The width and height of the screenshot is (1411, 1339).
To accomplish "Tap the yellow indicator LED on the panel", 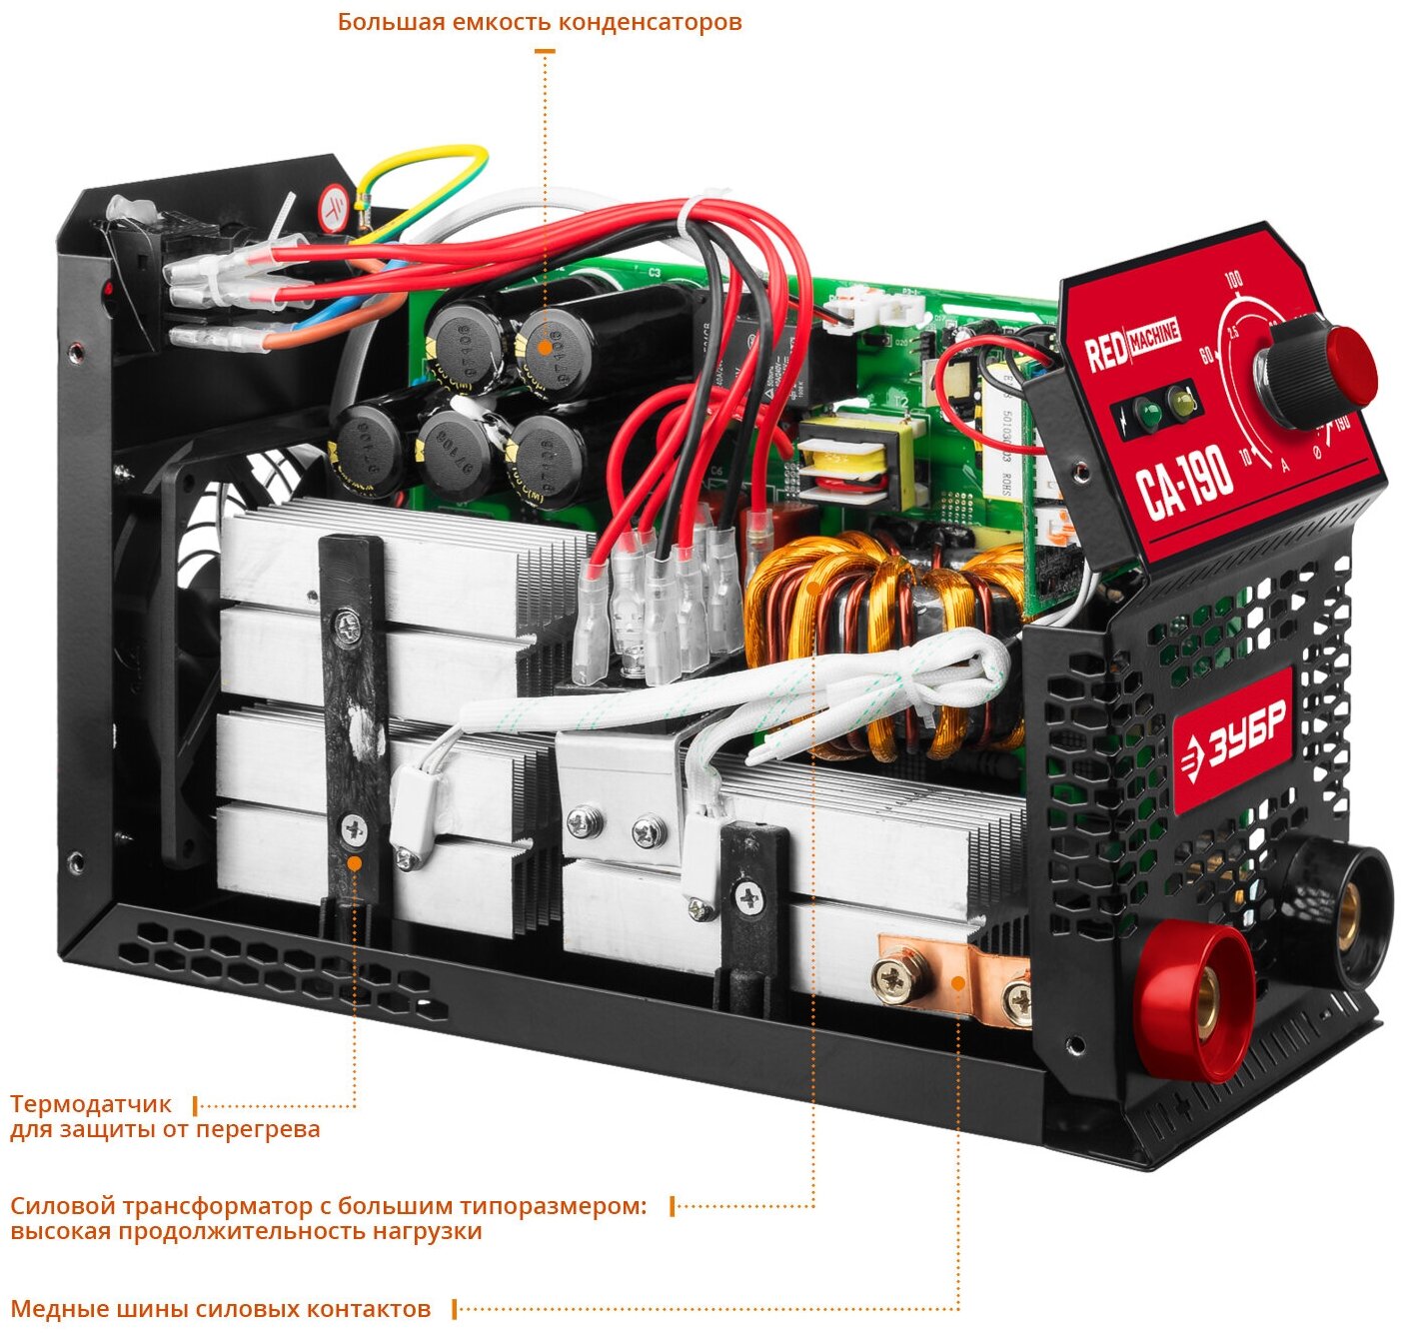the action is pyautogui.click(x=1184, y=402).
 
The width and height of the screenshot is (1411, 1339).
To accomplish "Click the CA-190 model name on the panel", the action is pyautogui.click(x=1186, y=482).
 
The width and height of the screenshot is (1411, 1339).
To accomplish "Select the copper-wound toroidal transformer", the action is pyautogui.click(x=879, y=640).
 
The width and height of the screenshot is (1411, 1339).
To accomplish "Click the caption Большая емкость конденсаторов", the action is pyautogui.click(x=540, y=22).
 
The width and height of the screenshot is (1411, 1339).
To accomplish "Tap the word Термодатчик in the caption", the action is pyautogui.click(x=91, y=1105).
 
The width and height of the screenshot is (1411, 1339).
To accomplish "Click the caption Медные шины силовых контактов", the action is pyautogui.click(x=221, y=1309).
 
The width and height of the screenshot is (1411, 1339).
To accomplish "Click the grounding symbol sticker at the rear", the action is pyautogui.click(x=334, y=208).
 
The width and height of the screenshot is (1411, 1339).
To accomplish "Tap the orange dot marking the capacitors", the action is pyautogui.click(x=545, y=348).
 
